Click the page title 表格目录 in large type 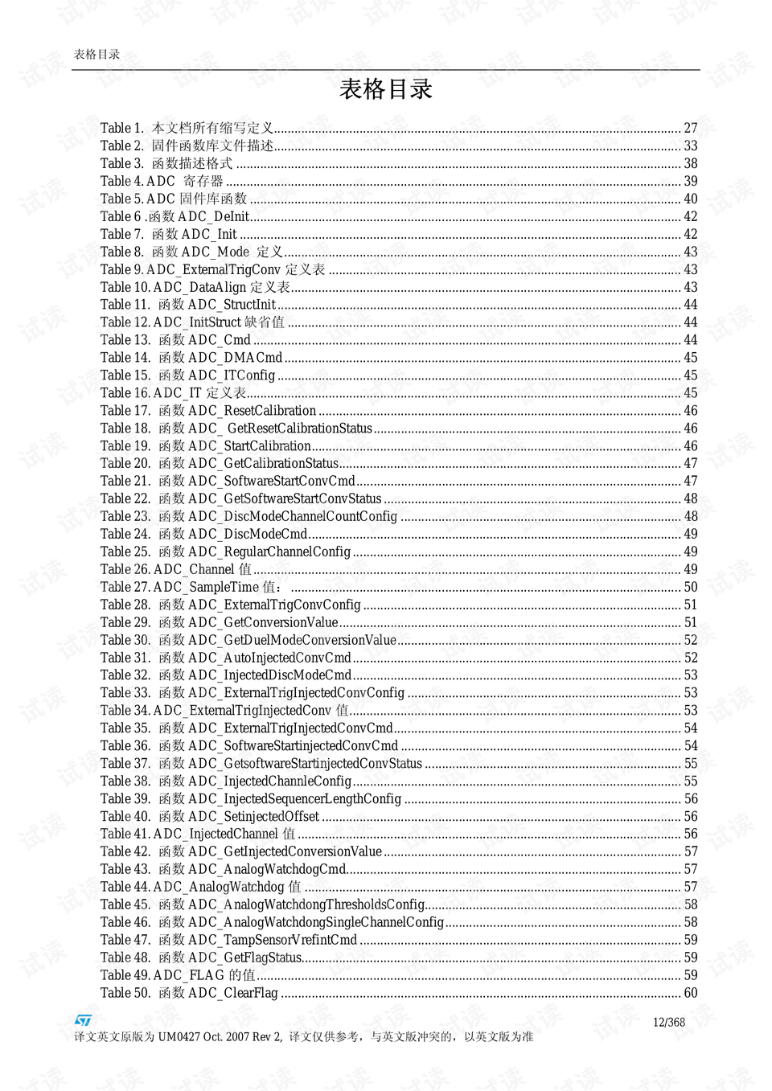[x=385, y=89]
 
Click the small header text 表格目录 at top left [x=96, y=55]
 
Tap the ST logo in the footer [x=83, y=1020]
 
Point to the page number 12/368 [x=668, y=1022]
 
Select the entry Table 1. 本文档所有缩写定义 [x=187, y=128]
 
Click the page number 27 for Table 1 [x=690, y=128]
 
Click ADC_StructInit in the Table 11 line [x=232, y=305]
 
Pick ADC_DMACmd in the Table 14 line [x=235, y=358]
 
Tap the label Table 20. [x=125, y=464]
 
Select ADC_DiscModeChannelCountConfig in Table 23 [x=293, y=516]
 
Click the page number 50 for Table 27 [x=690, y=587]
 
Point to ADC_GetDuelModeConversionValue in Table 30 [x=292, y=640]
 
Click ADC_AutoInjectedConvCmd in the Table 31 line [x=269, y=658]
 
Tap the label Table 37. [x=125, y=764]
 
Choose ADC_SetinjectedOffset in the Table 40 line [x=253, y=817]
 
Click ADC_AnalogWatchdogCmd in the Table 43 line [x=267, y=869]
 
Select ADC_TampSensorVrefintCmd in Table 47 [x=273, y=940]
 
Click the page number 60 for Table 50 [x=690, y=993]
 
